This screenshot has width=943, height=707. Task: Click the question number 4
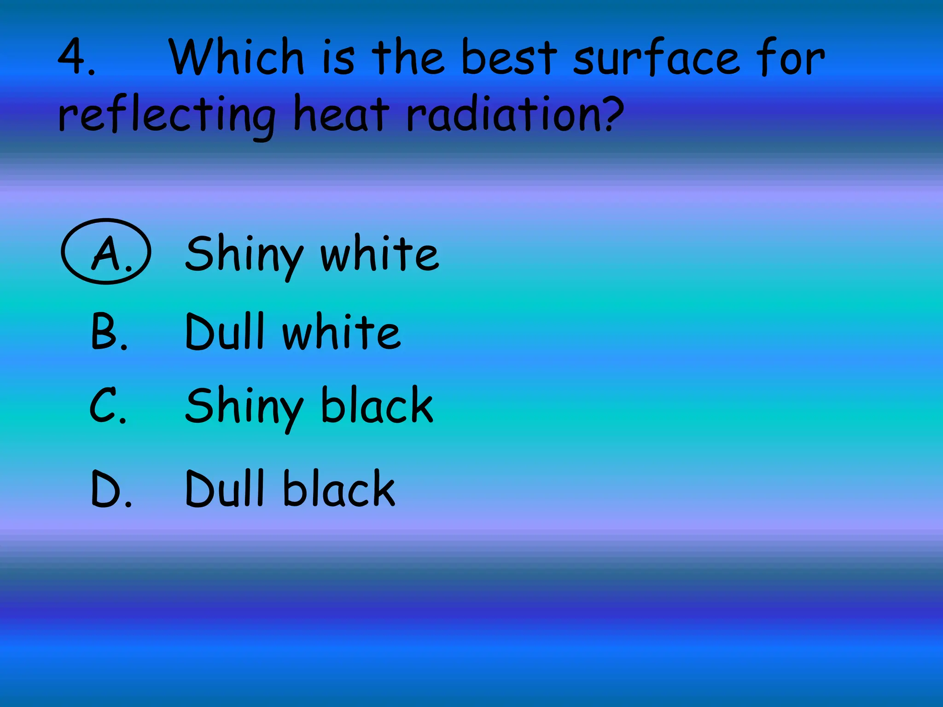tap(74, 57)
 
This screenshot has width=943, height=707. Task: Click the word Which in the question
tap(236, 57)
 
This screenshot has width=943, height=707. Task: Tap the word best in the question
tap(508, 57)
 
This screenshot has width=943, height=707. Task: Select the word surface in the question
tap(656, 58)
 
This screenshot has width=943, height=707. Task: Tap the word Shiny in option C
tap(244, 407)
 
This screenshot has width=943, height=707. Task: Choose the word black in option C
tap(377, 405)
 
